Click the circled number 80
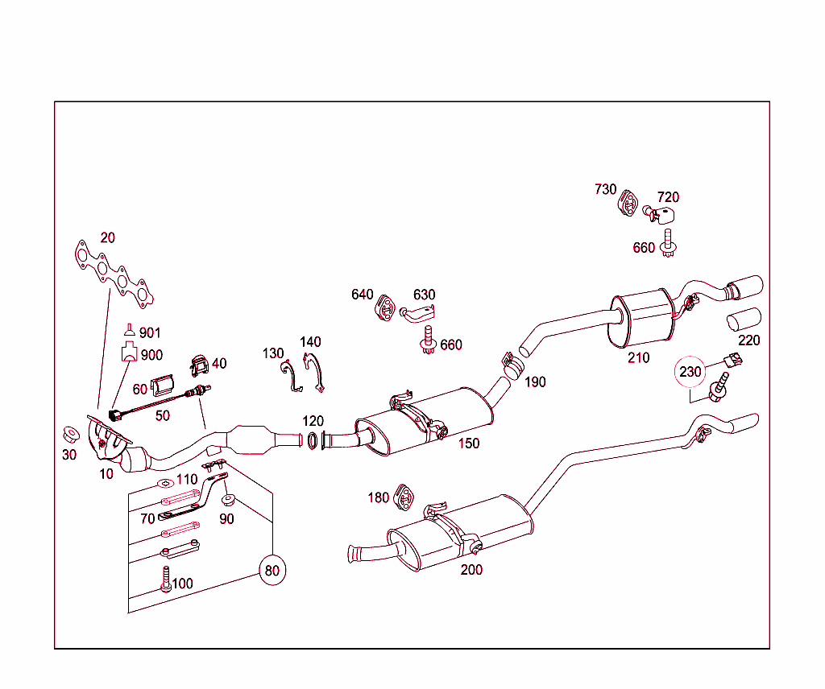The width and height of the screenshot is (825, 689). (272, 571)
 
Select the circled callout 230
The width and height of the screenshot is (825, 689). (690, 372)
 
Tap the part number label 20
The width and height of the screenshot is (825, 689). (107, 237)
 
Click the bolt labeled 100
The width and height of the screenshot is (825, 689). (166, 580)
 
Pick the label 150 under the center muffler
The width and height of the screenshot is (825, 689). (469, 444)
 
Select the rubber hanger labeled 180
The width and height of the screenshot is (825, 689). (402, 498)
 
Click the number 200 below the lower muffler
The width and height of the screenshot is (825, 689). (471, 570)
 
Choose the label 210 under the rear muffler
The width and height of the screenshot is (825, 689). (638, 357)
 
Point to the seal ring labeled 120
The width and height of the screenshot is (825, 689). (311, 439)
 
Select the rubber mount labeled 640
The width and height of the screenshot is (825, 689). (385, 308)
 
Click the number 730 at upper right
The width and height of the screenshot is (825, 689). (605, 189)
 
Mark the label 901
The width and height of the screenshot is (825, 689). (150, 332)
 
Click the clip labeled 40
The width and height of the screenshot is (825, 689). (198, 366)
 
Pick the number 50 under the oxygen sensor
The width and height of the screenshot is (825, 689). (163, 415)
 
